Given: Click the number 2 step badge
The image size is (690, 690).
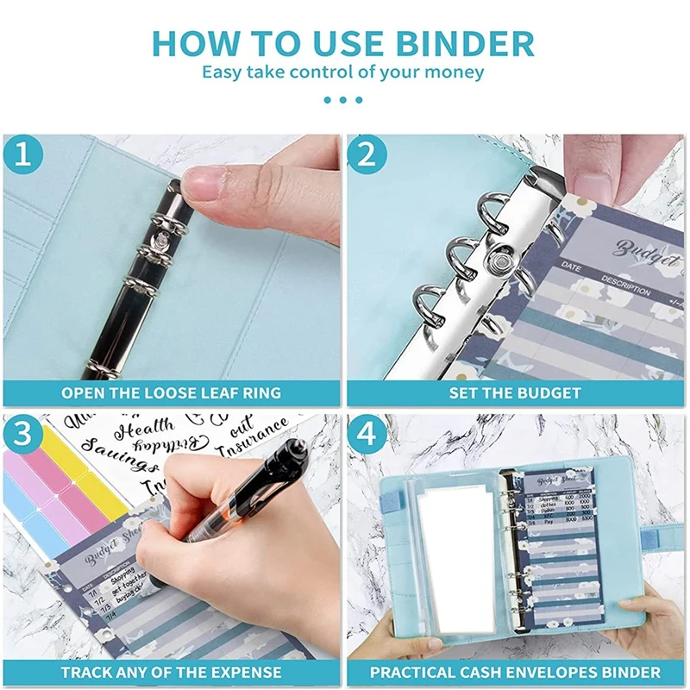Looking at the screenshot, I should (x=367, y=156).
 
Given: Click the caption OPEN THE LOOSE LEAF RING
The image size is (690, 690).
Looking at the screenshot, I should (x=171, y=392).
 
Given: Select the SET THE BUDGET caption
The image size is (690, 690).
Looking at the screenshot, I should (x=515, y=392).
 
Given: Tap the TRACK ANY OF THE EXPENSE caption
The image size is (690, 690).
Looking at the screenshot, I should (x=171, y=672).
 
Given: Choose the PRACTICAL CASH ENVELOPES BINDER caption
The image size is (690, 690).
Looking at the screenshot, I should (x=515, y=672).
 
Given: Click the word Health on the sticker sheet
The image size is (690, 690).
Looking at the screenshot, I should (x=143, y=428).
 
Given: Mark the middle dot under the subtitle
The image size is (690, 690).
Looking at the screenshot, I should (x=343, y=100).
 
